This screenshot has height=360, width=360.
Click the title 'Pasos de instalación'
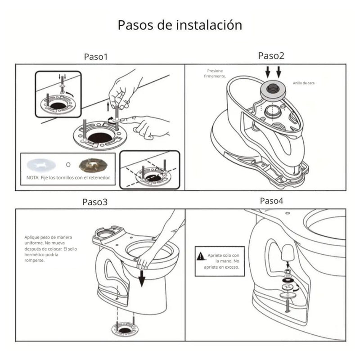(x=180, y=25)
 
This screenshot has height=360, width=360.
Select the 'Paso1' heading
(x=96, y=57)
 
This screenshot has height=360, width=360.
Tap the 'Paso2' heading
(x=271, y=56)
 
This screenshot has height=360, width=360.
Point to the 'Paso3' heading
(x=95, y=202)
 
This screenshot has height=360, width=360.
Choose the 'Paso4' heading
(x=271, y=201)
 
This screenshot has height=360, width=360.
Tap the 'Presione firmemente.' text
(x=215, y=74)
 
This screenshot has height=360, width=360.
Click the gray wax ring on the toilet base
(x=272, y=89)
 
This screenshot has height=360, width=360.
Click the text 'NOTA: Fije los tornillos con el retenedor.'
(x=68, y=178)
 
